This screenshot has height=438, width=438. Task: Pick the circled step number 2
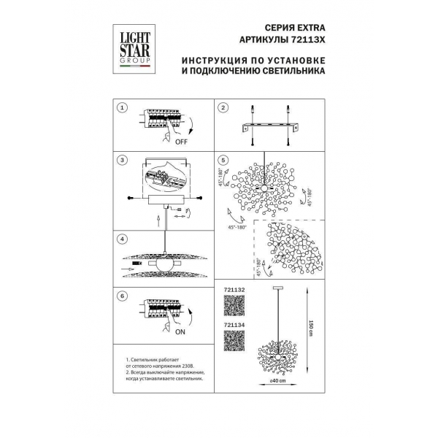(x=223, y=108)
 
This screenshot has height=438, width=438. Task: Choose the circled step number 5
(x=223, y=159)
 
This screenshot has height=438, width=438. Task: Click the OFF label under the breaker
(x=181, y=143)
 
